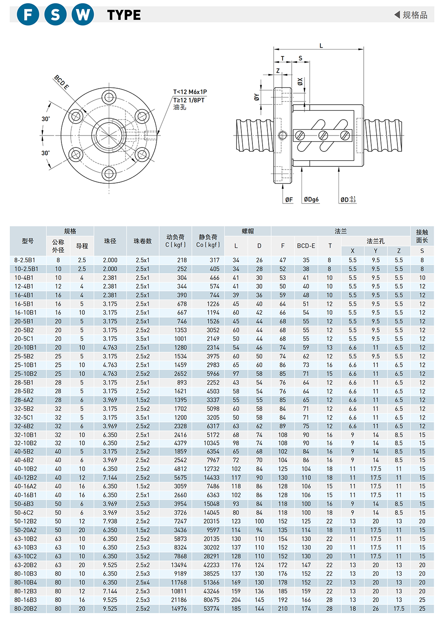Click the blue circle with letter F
[x=28, y=14]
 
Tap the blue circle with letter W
[x=83, y=14]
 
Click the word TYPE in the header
[x=124, y=15]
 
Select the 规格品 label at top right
[x=415, y=15]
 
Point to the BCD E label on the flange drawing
[x=61, y=82]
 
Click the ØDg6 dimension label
[x=311, y=200]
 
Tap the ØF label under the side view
[x=289, y=200]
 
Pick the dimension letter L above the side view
[x=321, y=45]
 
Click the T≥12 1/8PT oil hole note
[x=189, y=100]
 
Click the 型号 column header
[x=28, y=241]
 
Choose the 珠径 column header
[x=110, y=241]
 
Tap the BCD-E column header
[x=306, y=246]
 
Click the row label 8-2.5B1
[x=25, y=260]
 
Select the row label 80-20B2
[x=26, y=609]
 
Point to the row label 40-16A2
[x=26, y=486]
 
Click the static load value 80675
[x=211, y=600]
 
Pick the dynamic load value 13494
[x=179, y=565]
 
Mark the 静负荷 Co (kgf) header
[x=208, y=241]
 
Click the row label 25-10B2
[x=26, y=374]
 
